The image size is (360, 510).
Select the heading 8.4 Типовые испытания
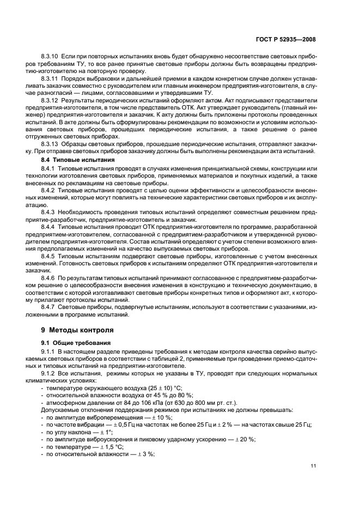[x=78, y=160]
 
